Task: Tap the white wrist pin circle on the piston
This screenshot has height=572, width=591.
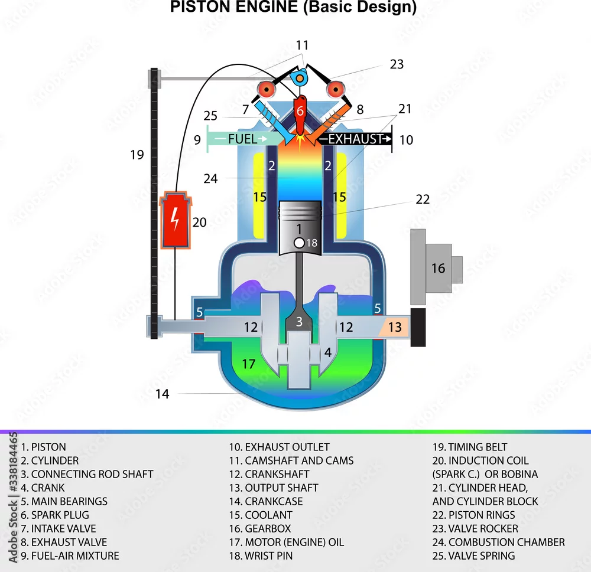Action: click(299, 243)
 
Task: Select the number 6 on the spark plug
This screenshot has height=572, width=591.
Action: click(300, 111)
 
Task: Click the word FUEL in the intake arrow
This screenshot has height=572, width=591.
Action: click(242, 139)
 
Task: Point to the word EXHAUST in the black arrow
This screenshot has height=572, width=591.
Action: click(356, 139)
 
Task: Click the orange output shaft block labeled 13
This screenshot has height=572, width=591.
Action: click(394, 327)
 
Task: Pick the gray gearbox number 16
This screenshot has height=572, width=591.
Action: click(439, 268)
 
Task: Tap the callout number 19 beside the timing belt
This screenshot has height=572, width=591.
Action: click(137, 155)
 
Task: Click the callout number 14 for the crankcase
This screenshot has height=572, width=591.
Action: click(163, 394)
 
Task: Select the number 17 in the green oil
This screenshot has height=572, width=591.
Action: click(249, 364)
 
